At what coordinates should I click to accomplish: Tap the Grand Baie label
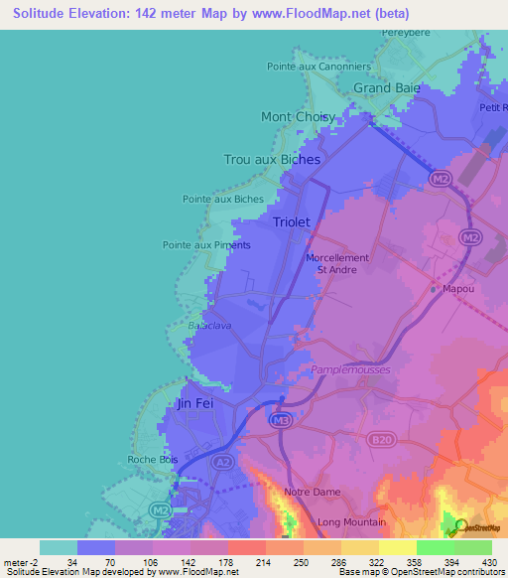[x=387, y=87]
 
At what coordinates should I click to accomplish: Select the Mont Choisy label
[x=297, y=116]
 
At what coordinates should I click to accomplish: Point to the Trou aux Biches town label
[x=272, y=159]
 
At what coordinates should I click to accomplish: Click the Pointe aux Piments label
[x=206, y=244]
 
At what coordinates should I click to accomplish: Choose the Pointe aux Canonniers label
[x=318, y=67]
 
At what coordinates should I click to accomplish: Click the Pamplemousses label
[x=351, y=369]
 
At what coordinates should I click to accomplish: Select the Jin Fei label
[x=194, y=404]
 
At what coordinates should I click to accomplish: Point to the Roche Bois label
[x=151, y=459]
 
